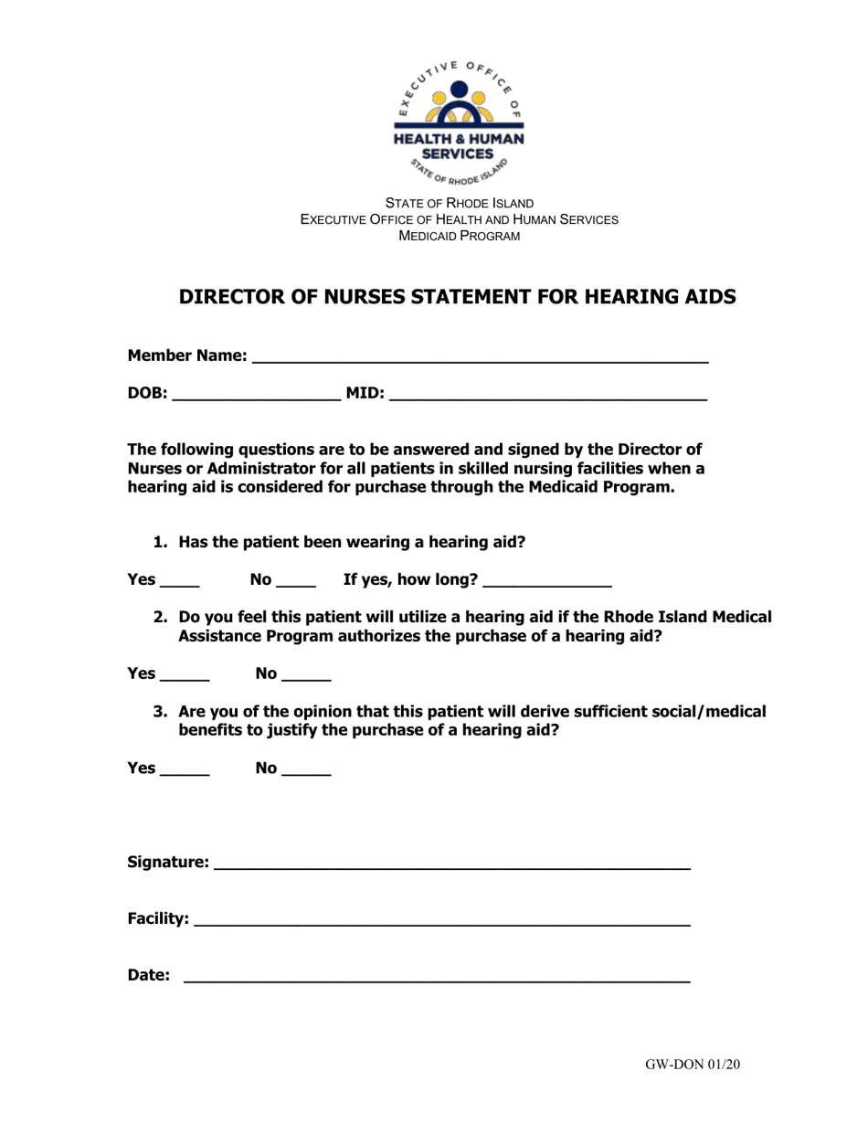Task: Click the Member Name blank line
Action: coord(479,357)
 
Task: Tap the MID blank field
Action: coord(547,396)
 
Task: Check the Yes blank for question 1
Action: coord(179,581)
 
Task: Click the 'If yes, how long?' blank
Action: coord(546,581)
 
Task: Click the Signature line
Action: coord(451,864)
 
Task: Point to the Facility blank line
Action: coord(442,920)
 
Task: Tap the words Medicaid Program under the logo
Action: coord(459,236)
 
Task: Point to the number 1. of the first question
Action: coord(161,542)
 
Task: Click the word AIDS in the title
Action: coord(709,297)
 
